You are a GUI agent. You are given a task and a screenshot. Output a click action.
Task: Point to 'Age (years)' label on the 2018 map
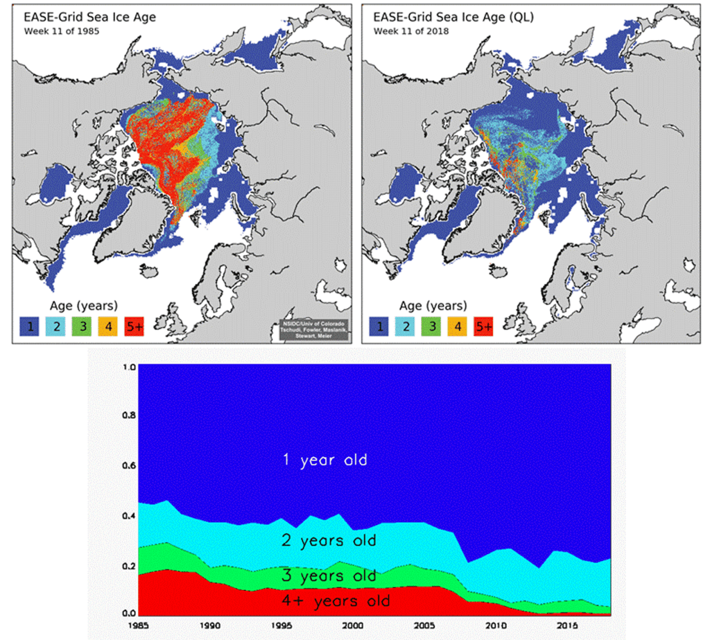(x=433, y=306)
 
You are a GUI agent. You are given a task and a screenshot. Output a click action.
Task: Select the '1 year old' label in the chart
(x=324, y=460)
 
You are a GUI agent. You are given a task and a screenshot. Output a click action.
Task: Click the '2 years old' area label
(x=328, y=541)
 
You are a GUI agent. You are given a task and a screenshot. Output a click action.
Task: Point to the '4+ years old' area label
(x=335, y=601)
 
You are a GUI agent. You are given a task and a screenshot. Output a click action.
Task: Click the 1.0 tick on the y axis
(x=127, y=367)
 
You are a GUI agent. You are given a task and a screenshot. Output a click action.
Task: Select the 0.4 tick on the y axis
(x=127, y=516)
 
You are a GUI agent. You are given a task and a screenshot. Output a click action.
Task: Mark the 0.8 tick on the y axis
(x=127, y=416)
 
